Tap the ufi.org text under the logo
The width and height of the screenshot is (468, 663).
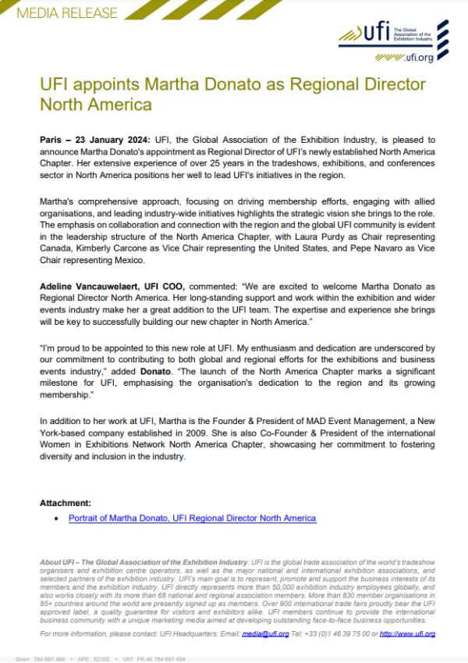coord(419,58)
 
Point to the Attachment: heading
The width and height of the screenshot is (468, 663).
coord(66,503)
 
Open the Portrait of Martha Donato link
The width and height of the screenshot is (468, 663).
coord(192,518)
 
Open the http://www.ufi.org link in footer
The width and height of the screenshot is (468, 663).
coord(408,633)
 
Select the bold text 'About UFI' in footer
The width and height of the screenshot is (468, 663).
coord(57,562)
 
